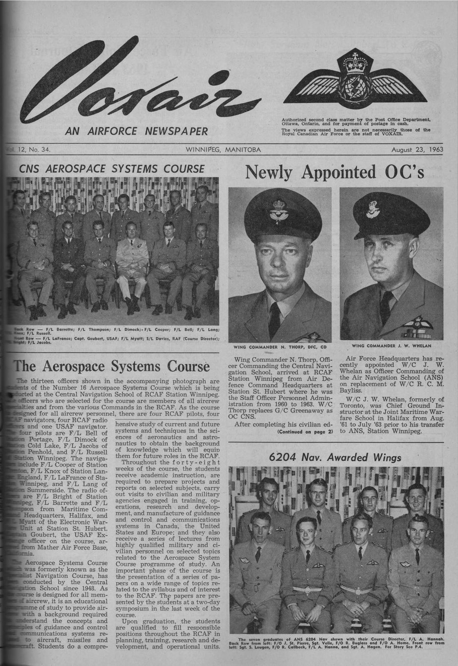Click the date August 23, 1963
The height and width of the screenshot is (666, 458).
[416, 149]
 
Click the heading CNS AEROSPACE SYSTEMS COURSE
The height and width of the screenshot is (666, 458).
[112, 169]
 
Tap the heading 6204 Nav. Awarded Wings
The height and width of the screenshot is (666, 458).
[336, 457]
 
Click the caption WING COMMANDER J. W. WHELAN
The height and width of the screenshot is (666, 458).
[392, 345]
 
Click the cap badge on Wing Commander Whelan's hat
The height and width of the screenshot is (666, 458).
[373, 209]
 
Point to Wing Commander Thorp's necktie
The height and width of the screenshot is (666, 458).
[274, 320]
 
